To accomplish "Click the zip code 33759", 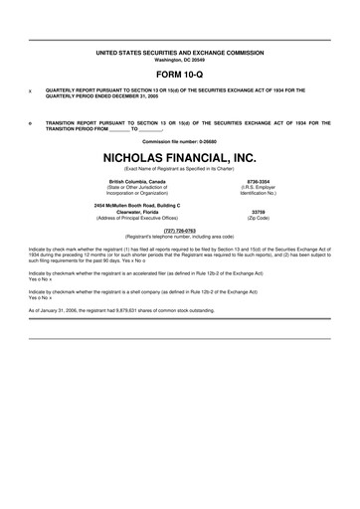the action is (259, 212).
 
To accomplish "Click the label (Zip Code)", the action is (259, 219).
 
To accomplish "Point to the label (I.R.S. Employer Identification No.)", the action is (259, 191).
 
